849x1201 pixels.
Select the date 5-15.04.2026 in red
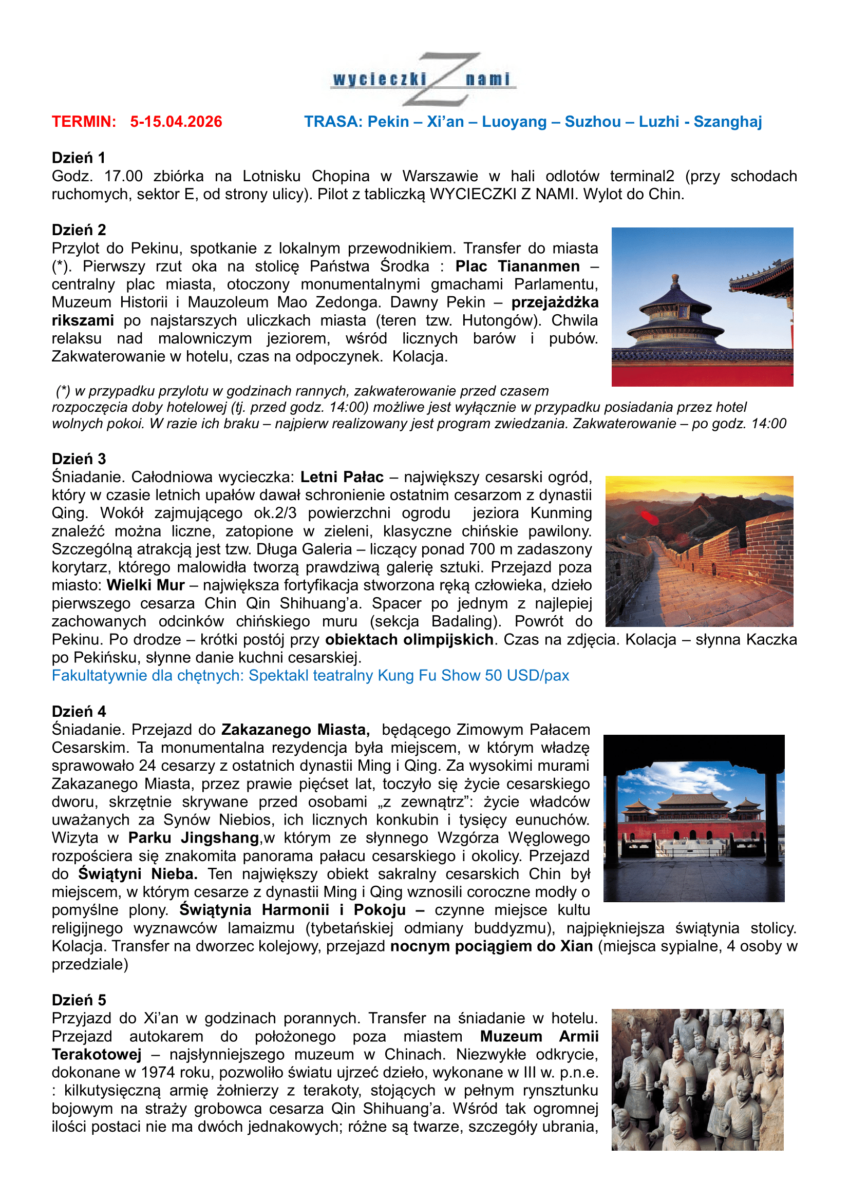pos(176,122)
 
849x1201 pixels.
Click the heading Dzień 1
pos(79,158)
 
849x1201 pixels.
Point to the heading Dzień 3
pos(79,459)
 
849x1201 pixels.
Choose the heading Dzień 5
pos(79,1000)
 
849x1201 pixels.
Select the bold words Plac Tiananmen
pos(517,266)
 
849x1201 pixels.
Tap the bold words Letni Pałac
pos(342,477)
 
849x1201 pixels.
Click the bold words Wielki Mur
pos(145,585)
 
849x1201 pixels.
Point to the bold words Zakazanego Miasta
pos(295,729)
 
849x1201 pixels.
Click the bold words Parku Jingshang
pos(194,837)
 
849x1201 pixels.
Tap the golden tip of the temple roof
pos(675,277)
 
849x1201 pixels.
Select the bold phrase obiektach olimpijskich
pos(409,639)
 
